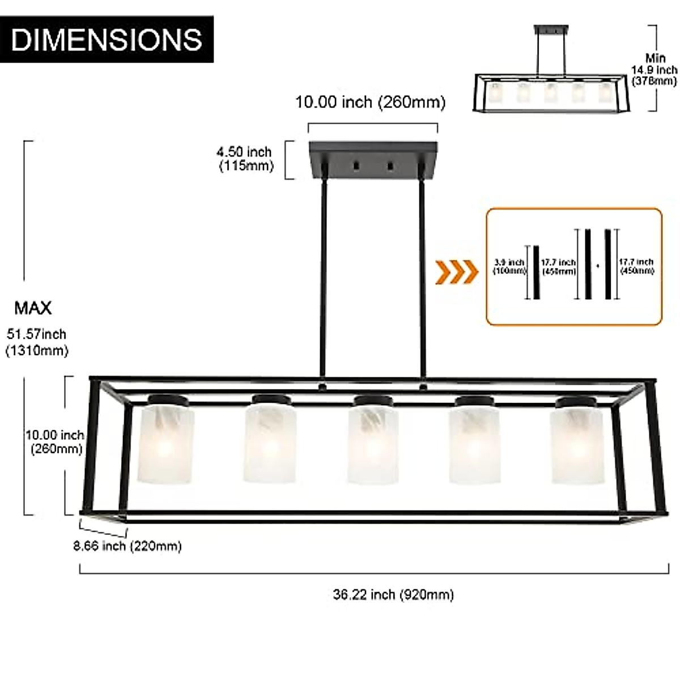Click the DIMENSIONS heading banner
point(107,39)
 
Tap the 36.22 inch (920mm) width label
point(393,594)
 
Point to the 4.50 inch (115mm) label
point(245,159)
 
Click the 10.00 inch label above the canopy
point(370,102)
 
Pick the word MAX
point(33,308)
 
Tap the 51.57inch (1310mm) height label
point(36,342)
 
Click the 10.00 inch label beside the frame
point(54,442)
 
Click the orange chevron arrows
point(456,272)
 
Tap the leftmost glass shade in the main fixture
point(167,445)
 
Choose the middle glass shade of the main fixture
point(371,445)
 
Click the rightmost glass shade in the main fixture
point(577,445)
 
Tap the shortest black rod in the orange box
point(535,272)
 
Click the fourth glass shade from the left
point(474,445)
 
